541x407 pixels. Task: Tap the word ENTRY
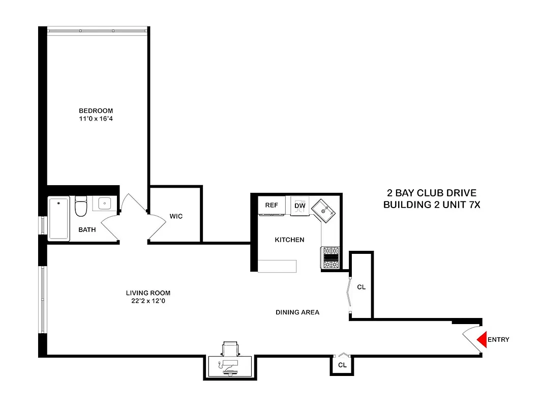click(498, 340)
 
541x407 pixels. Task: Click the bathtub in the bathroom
click(59, 219)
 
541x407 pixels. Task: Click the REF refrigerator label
click(272, 205)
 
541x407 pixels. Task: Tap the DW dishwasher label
click(299, 205)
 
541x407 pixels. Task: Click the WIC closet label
click(176, 216)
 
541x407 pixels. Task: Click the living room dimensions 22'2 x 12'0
click(148, 301)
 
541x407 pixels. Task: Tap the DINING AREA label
click(297, 312)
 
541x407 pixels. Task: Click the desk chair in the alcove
click(230, 350)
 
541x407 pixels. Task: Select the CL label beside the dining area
click(361, 287)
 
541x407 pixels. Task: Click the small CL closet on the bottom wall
click(342, 365)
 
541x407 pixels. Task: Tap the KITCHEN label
click(289, 240)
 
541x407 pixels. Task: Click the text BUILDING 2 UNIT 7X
click(432, 205)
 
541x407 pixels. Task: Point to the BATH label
click(87, 230)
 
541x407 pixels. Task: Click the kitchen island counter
click(277, 266)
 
